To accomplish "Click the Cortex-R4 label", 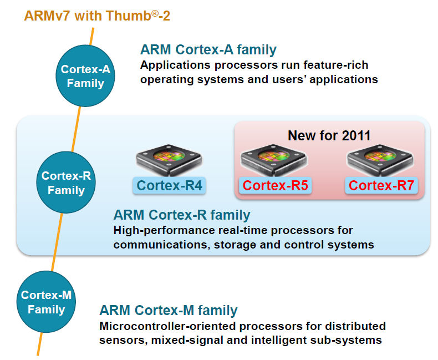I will pos(169,186).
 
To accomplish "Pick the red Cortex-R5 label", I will pos(275,186).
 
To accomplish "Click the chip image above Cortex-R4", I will pos(169,160).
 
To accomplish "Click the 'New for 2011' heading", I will pos(329,135).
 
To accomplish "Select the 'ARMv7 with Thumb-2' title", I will pos(97,15).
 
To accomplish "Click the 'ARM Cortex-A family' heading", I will pos(208,50).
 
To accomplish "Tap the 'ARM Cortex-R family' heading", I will pos(182,215).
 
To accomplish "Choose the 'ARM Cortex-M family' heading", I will pos(169,311).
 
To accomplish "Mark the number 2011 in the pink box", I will pos(354,135).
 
